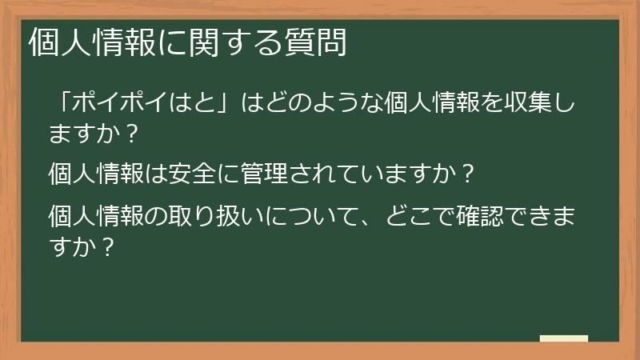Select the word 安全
pyautogui.click(x=192, y=173)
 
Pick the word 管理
pyautogui.click(x=264, y=173)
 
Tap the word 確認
pyautogui.click(x=480, y=215)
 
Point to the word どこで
pyautogui.click(x=421, y=215)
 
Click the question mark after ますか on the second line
pyautogui.click(x=130, y=134)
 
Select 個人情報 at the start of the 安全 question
pyautogui.click(x=96, y=173)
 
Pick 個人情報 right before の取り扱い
pyautogui.click(x=96, y=215)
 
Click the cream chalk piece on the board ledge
pyautogui.click(x=564, y=338)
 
